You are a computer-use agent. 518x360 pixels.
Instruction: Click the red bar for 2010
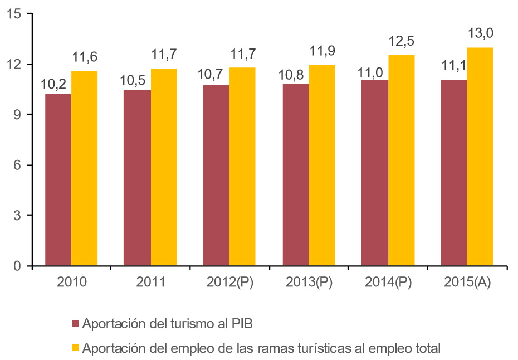coord(58,179)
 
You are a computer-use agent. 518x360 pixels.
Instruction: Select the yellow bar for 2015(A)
coord(480,157)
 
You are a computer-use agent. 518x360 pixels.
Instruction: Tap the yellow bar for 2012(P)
coord(242,167)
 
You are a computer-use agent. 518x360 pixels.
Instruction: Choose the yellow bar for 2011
coord(164,167)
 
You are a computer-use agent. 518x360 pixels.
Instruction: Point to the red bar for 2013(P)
coord(296,174)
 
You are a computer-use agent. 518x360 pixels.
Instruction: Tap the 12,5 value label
coord(401,41)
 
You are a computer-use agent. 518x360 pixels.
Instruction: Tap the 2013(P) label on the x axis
coord(309,282)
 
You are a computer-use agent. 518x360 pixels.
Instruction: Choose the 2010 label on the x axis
coord(71,282)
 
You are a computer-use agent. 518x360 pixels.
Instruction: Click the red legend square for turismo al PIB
coord(76,324)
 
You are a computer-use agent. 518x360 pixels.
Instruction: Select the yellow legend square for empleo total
coord(76,349)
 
